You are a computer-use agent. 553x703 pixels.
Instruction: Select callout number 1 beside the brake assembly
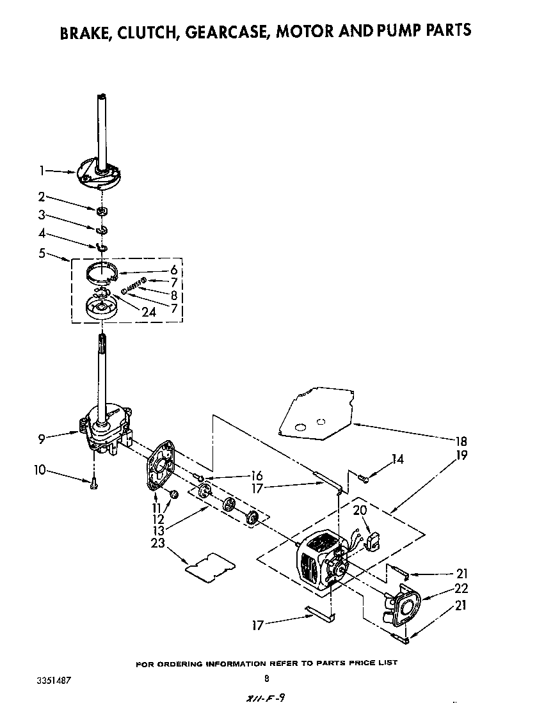click(42, 171)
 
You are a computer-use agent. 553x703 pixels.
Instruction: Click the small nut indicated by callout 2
click(102, 211)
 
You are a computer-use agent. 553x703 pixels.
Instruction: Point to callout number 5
click(42, 253)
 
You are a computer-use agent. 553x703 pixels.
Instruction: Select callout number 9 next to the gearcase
click(42, 439)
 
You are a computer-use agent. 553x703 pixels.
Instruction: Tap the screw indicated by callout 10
click(93, 484)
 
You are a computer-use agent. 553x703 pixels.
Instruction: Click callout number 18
click(461, 441)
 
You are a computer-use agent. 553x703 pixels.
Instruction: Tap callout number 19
click(461, 456)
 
